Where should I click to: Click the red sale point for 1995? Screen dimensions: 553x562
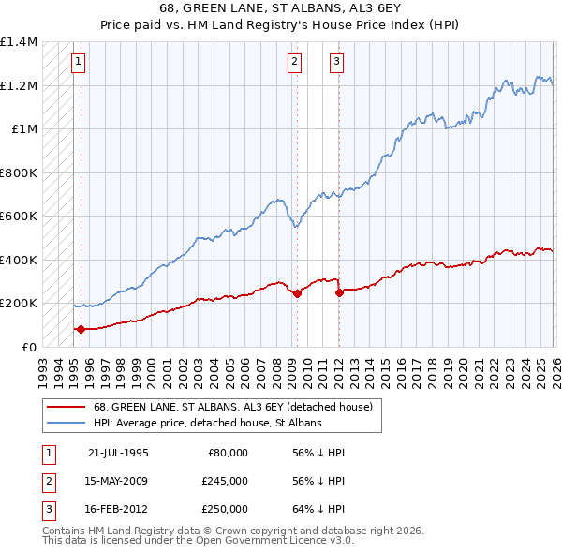coord(81,329)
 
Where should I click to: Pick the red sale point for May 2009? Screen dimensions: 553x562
coord(297,293)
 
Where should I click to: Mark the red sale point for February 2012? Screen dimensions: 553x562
coord(339,292)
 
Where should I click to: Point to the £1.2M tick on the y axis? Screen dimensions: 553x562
coord(19,85)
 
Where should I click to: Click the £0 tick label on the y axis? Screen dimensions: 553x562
coord(28,347)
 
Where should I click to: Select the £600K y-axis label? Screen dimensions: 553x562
coord(19,216)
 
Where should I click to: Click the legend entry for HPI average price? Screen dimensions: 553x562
coord(206,424)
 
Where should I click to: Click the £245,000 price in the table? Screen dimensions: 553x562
coord(225,481)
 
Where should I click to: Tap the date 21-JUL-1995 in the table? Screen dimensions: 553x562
coord(118,452)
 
